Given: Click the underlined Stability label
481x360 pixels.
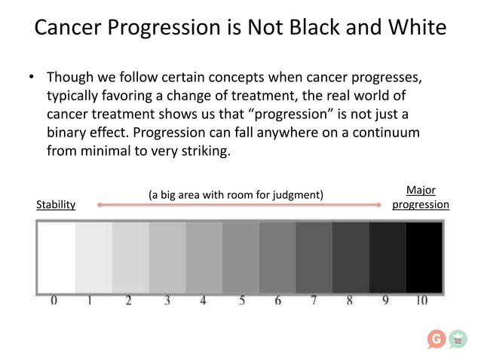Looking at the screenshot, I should (56, 205).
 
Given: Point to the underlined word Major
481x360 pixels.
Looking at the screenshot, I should (421, 191).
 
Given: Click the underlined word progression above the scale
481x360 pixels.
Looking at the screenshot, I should (421, 205).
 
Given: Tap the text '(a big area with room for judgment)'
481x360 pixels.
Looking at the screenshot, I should (237, 195).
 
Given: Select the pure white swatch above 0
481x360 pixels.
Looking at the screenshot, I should (57, 257).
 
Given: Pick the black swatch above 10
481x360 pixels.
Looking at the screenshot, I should (424, 257).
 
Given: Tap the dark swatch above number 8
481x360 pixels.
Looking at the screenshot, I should (350, 257).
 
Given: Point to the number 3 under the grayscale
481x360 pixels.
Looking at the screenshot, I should (167, 301).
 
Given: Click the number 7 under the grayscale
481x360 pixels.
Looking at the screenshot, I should (314, 301).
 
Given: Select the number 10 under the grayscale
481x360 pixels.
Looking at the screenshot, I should (421, 301).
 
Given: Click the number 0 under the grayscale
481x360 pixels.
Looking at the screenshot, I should (54, 301).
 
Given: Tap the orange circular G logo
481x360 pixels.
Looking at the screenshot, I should (436, 340).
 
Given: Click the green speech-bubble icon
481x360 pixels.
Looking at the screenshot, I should (458, 340).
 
